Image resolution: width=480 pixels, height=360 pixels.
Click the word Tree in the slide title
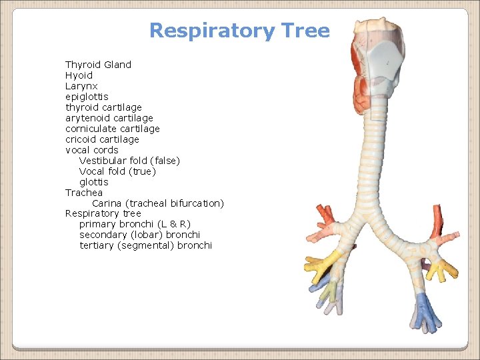point(306,31)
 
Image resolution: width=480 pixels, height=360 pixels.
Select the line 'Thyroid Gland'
point(98,65)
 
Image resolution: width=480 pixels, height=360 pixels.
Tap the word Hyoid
point(79,75)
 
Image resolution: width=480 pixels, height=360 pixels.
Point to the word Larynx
point(81,86)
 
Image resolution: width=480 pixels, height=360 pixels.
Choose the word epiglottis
point(87,97)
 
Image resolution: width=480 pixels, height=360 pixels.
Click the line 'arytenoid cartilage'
point(109,118)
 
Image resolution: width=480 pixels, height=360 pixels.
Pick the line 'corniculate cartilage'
point(112,129)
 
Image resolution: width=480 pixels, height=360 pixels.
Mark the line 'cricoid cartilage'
point(102,139)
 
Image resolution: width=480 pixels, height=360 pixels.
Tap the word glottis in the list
point(93,182)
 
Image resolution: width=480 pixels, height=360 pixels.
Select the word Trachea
point(84,193)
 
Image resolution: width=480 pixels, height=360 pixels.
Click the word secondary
point(103,235)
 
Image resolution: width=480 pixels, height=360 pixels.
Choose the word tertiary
point(96,245)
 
